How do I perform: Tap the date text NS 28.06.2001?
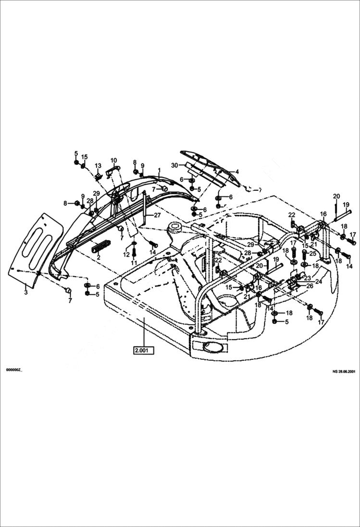tap(344, 371)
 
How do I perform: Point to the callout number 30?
tap(174, 165)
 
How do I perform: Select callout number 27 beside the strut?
tap(157, 215)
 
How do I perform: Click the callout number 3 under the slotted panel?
tap(26, 292)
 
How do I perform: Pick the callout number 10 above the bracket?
tap(113, 160)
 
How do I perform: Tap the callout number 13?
tap(98, 166)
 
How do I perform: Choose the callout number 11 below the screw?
tap(134, 263)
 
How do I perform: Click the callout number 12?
tap(126, 254)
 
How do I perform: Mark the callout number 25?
tap(313, 253)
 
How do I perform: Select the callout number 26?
tap(310, 285)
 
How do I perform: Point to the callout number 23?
tap(307, 278)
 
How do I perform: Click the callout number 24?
tap(319, 282)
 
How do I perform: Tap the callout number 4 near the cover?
tap(236, 172)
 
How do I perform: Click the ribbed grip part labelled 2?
tap(101, 246)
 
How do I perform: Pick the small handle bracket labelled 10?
tap(112, 169)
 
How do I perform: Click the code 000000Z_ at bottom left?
tap(13, 370)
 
